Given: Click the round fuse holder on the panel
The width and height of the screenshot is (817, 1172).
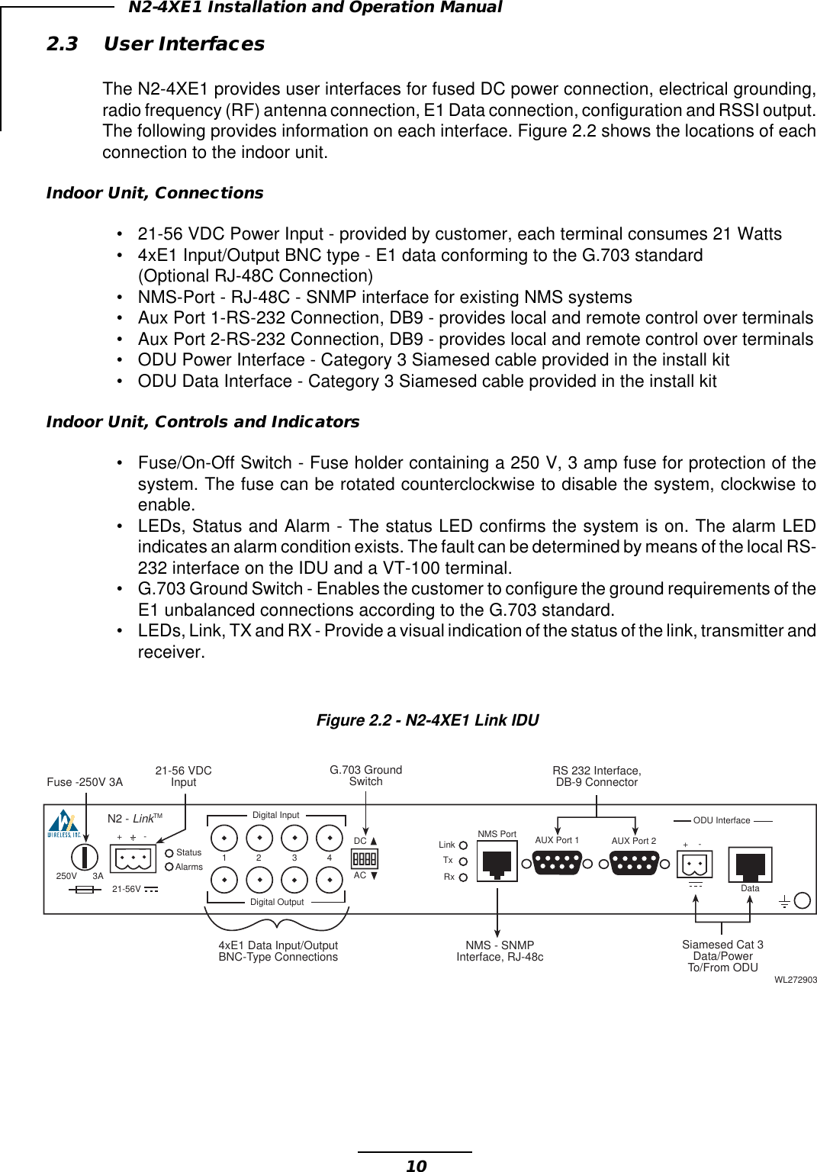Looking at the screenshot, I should click(x=85, y=858).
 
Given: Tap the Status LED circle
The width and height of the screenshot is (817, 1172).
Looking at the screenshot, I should click(x=169, y=853).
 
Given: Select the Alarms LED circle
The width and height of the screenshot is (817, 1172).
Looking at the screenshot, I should click(x=169, y=866).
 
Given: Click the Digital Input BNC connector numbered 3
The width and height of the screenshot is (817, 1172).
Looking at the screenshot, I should click(x=294, y=838).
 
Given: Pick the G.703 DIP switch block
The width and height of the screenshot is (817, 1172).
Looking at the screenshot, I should click(x=364, y=858).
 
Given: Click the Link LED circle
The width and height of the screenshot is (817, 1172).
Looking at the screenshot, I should click(x=463, y=845).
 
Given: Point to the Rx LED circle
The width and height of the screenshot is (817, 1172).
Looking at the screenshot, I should click(x=463, y=877).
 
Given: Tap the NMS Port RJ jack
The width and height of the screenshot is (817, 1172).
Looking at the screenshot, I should click(x=497, y=862).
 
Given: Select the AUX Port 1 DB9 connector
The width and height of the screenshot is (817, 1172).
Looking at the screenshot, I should click(x=557, y=863).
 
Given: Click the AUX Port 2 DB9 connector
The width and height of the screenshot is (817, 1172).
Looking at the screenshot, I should click(x=634, y=863).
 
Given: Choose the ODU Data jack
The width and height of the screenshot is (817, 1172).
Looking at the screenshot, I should click(x=750, y=865).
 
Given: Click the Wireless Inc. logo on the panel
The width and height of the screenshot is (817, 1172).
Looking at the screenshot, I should click(x=64, y=824).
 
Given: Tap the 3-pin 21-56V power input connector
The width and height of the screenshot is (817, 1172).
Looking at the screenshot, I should click(x=133, y=859).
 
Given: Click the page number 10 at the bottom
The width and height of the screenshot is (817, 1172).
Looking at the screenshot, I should click(x=417, y=1165).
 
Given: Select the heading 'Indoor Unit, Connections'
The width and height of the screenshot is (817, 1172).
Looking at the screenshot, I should click(x=155, y=193).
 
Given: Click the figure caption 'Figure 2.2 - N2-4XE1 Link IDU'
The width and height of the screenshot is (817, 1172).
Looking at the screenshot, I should click(x=427, y=720).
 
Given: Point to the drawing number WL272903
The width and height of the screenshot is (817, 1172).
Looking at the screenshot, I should click(x=795, y=980).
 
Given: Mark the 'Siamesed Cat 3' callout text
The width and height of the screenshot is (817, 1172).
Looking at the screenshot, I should click(x=722, y=945).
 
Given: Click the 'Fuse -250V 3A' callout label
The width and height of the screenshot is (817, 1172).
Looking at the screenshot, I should click(x=85, y=782).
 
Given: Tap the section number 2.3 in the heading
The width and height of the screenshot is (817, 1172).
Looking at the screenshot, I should click(x=63, y=44).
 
